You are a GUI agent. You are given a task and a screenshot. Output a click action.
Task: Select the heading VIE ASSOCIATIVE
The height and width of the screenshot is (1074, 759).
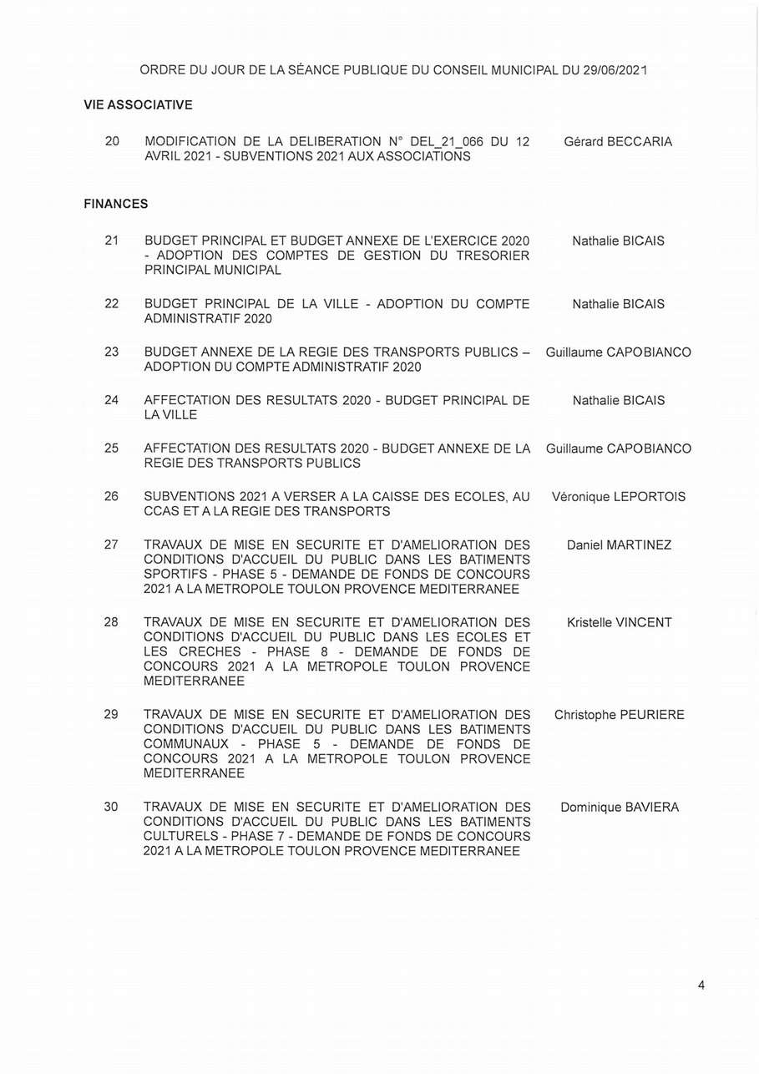pyautogui.click(x=138, y=105)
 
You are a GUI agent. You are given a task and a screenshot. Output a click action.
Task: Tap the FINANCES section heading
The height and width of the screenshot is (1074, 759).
pyautogui.click(x=116, y=204)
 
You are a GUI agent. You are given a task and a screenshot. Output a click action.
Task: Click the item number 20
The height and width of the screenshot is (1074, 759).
pyautogui.click(x=112, y=141)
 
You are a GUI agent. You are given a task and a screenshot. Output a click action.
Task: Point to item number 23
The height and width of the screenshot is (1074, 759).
pyautogui.click(x=112, y=352)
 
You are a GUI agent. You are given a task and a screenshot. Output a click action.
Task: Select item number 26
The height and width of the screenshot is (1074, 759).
pyautogui.click(x=112, y=496)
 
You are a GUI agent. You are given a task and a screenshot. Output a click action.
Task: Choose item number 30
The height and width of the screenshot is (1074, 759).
pyautogui.click(x=112, y=807)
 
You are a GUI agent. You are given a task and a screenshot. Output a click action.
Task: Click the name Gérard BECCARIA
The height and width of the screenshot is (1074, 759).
pyautogui.click(x=618, y=142)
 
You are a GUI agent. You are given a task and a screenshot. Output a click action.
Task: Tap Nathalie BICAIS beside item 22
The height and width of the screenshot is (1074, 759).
pyautogui.click(x=619, y=304)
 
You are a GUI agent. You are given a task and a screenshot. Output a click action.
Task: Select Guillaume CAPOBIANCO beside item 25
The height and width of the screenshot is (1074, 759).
pyautogui.click(x=619, y=448)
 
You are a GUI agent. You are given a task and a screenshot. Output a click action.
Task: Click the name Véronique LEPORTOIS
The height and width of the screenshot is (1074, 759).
pyautogui.click(x=619, y=497)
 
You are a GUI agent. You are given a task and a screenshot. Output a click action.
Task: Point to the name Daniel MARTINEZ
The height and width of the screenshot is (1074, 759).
pyautogui.click(x=619, y=545)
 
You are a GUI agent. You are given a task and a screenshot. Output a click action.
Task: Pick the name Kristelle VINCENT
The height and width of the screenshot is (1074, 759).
pyautogui.click(x=619, y=622)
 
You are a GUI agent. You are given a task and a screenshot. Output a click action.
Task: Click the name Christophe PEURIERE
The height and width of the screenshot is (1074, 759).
pyautogui.click(x=619, y=715)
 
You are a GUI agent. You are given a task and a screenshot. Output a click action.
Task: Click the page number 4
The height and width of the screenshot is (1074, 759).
pyautogui.click(x=701, y=985)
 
